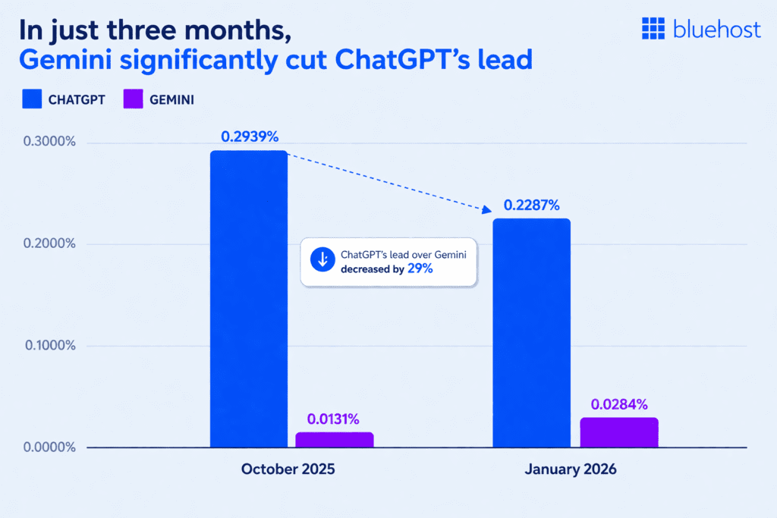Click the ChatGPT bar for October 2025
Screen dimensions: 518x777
pos(249,299)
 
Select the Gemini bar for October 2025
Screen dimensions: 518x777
pos(334,439)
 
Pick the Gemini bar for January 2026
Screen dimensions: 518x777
pos(619,432)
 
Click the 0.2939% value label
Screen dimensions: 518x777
pos(250,137)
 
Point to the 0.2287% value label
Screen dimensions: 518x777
pos(531,205)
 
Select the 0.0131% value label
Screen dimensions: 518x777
pos(333,419)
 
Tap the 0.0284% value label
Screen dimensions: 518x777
pos(620,403)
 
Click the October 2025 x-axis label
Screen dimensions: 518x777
pos(288,469)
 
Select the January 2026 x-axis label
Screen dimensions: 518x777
pos(571,469)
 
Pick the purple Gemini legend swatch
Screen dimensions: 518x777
pos(134,99)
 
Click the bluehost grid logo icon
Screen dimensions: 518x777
pos(653,28)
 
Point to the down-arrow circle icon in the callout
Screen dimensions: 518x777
pos(322,260)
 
